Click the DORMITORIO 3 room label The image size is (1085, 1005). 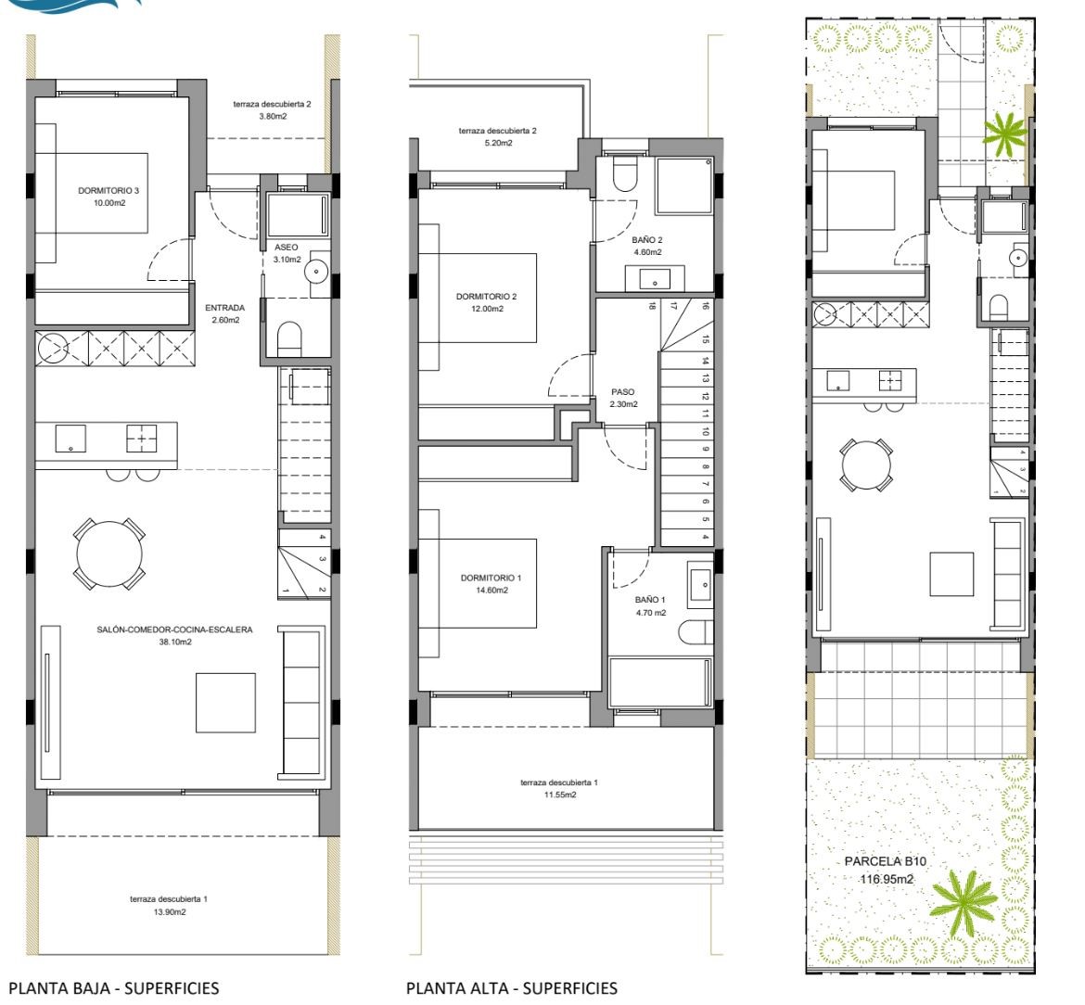108,190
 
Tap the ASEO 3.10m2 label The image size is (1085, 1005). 287,253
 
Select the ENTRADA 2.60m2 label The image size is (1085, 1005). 225,313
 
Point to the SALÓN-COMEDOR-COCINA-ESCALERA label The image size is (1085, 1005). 174,630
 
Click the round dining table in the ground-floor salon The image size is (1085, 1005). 109,554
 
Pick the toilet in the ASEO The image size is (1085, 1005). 289,339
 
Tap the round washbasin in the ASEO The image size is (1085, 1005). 316,271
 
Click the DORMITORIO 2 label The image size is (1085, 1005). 487,296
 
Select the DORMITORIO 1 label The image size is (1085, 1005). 491,578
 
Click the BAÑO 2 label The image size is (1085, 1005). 647,240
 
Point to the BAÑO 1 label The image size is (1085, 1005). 650,601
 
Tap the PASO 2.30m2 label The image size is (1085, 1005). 623,398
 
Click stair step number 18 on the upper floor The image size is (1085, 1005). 652,306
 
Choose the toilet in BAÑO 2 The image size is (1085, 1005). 625,173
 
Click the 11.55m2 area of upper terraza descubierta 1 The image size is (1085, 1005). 560,795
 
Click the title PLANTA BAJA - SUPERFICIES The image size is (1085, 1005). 113,988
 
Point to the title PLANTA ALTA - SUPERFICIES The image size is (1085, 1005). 511,988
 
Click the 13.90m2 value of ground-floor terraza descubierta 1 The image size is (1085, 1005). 169,911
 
